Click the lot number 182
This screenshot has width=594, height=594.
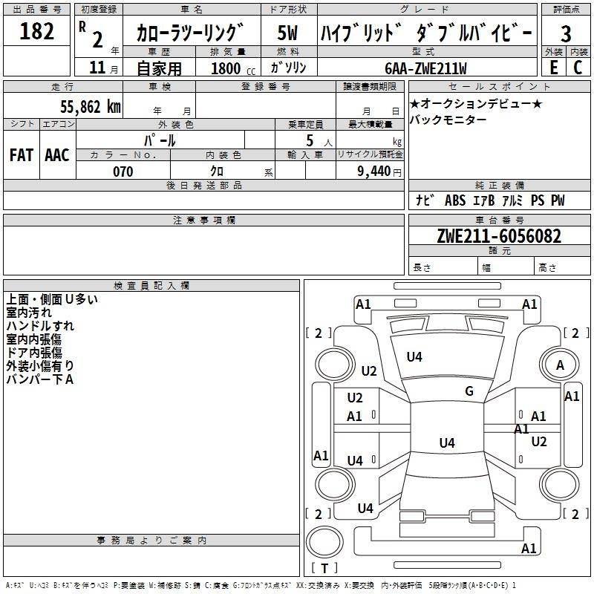[37, 32]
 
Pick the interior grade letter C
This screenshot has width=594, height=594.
[577, 67]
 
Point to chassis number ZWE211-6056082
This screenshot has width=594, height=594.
[499, 237]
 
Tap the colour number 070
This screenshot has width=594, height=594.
[123, 172]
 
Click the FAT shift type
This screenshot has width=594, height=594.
[21, 155]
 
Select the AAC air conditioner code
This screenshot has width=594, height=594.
[57, 155]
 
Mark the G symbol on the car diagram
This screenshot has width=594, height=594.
[469, 391]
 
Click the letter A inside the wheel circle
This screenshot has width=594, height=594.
[560, 365]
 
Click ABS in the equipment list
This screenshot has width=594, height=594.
[454, 200]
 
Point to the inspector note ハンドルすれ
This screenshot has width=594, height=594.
[40, 326]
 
